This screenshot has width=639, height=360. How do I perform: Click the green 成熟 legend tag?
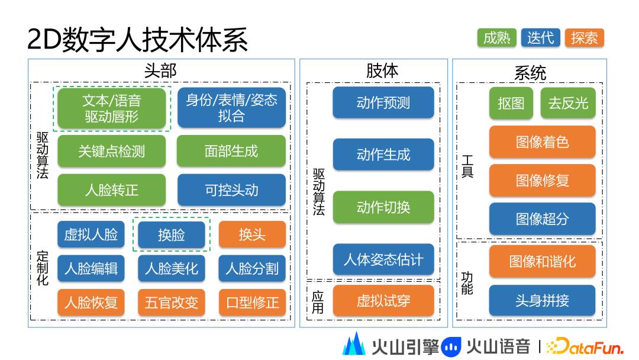click(x=496, y=38)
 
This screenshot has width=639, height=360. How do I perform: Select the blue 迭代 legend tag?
click(x=540, y=38)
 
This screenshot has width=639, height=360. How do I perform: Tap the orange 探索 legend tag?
click(x=584, y=38)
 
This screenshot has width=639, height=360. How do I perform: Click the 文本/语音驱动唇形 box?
click(x=112, y=108)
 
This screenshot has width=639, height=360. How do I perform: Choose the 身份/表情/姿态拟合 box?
click(x=231, y=108)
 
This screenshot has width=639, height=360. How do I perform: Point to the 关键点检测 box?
click(x=112, y=151)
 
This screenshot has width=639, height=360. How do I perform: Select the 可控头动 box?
click(x=231, y=190)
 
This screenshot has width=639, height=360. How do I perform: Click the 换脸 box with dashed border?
click(x=171, y=234)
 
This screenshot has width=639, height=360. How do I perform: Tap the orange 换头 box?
click(x=252, y=234)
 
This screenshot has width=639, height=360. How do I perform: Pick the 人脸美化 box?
click(x=171, y=268)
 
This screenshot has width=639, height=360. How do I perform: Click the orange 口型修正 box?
click(x=252, y=302)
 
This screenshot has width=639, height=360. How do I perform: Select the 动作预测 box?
click(x=383, y=102)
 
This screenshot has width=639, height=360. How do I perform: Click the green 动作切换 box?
click(x=383, y=207)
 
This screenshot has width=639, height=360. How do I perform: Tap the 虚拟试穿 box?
click(x=383, y=300)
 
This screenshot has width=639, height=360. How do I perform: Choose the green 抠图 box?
click(x=511, y=103)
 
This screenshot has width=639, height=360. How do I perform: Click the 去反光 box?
click(x=567, y=103)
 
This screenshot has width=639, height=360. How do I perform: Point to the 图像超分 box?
click(x=542, y=218)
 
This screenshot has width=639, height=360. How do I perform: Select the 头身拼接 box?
click(x=542, y=300)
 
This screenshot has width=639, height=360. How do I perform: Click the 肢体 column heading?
click(x=382, y=71)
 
